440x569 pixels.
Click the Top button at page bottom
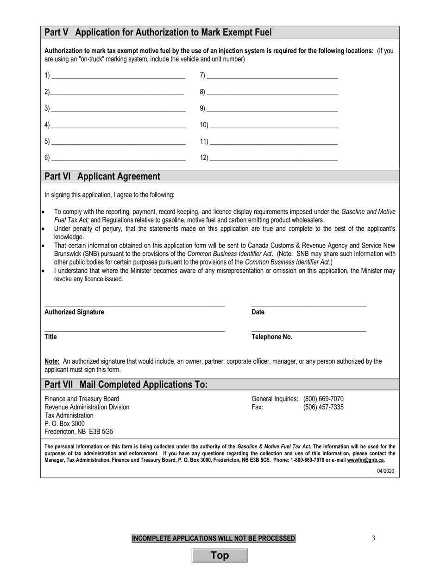(220, 556)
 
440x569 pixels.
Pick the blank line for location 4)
(118, 126)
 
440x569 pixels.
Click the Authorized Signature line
(134, 305)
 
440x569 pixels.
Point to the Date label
(258, 312)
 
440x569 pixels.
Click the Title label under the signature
(50, 337)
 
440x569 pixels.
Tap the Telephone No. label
(272, 337)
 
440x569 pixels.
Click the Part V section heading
(158, 32)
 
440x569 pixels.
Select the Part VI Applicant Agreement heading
(102, 176)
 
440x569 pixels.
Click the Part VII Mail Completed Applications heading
(126, 384)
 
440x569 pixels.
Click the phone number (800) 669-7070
(323, 399)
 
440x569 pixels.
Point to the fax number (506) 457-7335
(323, 407)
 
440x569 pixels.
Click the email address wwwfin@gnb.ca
(365, 460)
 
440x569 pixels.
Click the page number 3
(373, 538)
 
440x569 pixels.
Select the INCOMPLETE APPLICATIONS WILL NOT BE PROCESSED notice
(214, 538)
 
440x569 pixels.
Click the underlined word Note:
(52, 361)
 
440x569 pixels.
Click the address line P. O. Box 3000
(64, 423)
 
